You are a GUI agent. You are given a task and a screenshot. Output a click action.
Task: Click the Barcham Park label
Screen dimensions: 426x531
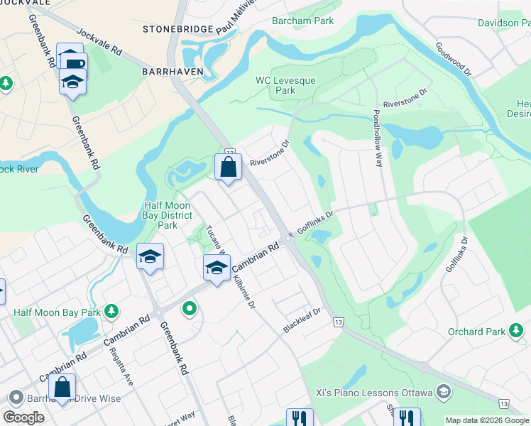click(302, 21)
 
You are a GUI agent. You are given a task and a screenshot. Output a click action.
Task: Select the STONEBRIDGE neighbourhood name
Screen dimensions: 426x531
click(177, 29)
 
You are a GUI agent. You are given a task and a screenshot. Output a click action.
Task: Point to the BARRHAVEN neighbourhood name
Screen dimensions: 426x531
click(173, 72)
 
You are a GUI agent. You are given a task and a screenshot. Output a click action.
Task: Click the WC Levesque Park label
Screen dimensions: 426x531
click(285, 86)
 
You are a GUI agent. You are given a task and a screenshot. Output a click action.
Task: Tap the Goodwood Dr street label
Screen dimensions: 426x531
click(454, 58)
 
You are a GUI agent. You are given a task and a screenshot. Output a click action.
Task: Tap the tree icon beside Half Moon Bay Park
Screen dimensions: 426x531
click(111, 311)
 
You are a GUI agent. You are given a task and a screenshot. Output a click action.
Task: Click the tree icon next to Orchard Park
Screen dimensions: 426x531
click(516, 331)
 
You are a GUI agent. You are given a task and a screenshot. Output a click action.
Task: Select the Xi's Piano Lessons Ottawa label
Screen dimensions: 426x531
click(374, 393)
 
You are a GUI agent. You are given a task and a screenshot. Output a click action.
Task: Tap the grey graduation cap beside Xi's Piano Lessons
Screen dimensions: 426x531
click(444, 392)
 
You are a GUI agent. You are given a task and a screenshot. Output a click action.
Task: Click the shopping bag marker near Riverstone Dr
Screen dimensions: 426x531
click(229, 168)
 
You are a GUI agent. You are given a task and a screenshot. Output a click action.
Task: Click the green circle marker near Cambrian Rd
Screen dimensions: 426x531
click(189, 308)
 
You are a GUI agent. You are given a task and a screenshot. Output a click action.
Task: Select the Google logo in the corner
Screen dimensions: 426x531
click(24, 417)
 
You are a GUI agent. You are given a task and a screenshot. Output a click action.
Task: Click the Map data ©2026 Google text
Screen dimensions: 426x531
click(486, 420)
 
